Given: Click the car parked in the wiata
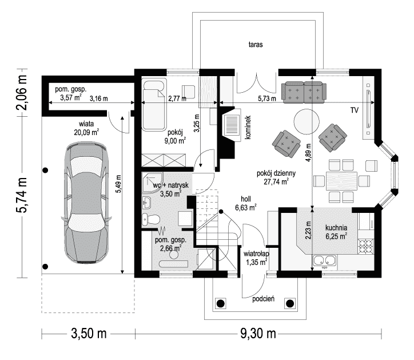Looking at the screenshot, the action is [86, 203].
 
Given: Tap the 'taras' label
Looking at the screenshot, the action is [256, 45].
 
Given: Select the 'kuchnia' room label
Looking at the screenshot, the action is [336, 228].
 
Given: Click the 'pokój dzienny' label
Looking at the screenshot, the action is [276, 173].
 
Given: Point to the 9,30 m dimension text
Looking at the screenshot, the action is [258, 334].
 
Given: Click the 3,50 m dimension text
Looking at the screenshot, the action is [89, 334].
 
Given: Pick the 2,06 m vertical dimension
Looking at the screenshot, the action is [22, 93].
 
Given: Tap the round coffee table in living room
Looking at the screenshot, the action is [306, 121].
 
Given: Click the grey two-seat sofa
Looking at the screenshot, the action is [304, 92].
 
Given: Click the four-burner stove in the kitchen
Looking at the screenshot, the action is [365, 246].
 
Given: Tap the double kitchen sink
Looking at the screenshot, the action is [324, 260].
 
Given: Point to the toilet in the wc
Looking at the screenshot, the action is [151, 219].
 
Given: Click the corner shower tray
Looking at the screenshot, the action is [152, 183].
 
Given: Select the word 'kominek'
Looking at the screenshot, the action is [248, 128].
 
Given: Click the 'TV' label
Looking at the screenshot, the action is [355, 110].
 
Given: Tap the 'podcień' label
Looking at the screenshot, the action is [263, 299].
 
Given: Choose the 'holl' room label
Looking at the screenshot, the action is [246, 199].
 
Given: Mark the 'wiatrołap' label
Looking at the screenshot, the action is [256, 254].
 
